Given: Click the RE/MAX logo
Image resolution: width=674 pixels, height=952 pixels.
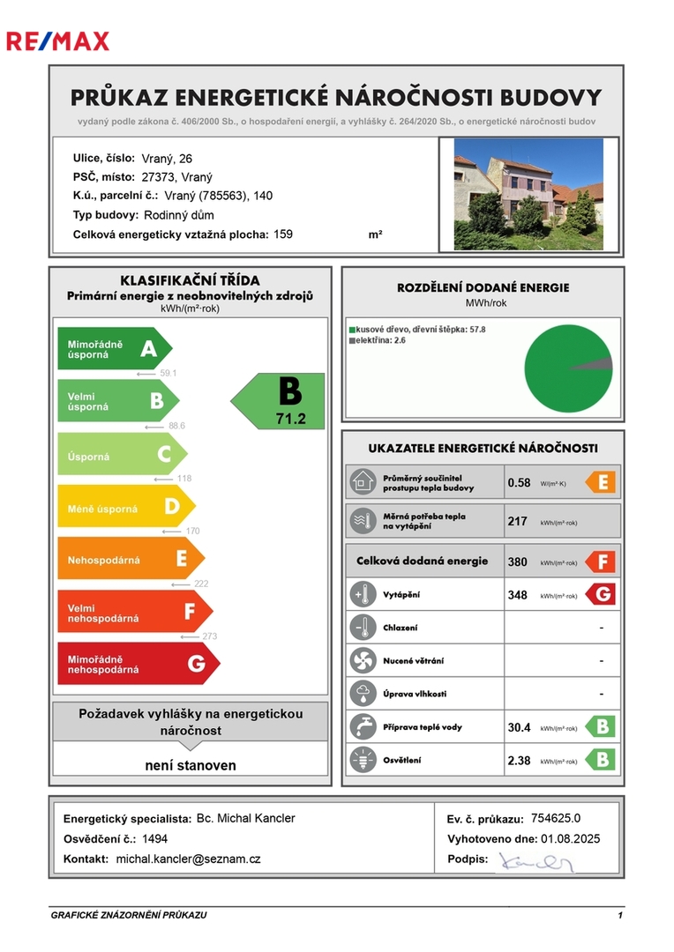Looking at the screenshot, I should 57,41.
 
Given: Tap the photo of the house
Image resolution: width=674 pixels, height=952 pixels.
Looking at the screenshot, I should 528,193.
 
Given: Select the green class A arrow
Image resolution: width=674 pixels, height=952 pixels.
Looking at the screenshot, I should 114,349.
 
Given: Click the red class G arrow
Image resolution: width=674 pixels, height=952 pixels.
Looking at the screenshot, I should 138,664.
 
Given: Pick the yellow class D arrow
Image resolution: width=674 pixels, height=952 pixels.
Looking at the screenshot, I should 125,507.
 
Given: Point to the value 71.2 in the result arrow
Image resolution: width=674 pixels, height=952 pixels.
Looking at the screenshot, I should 290,418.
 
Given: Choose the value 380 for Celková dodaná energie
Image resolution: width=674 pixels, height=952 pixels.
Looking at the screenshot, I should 518,562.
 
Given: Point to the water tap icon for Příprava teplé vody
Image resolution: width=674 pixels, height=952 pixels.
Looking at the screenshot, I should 362,727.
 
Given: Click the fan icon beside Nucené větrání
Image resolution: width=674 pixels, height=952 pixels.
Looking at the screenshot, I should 362,659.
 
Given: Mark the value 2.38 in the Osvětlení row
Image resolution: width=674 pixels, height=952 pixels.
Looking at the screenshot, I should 519,760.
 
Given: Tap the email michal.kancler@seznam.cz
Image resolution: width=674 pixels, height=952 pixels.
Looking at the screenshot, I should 189,859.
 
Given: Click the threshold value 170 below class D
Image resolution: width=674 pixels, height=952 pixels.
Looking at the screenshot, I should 193,531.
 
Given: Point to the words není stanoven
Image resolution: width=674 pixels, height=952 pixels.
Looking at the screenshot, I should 191,765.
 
